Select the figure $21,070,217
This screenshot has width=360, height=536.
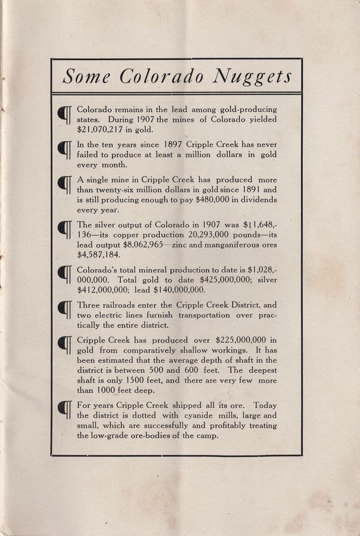click(x=105, y=129)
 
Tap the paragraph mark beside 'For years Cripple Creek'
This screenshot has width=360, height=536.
click(x=64, y=410)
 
